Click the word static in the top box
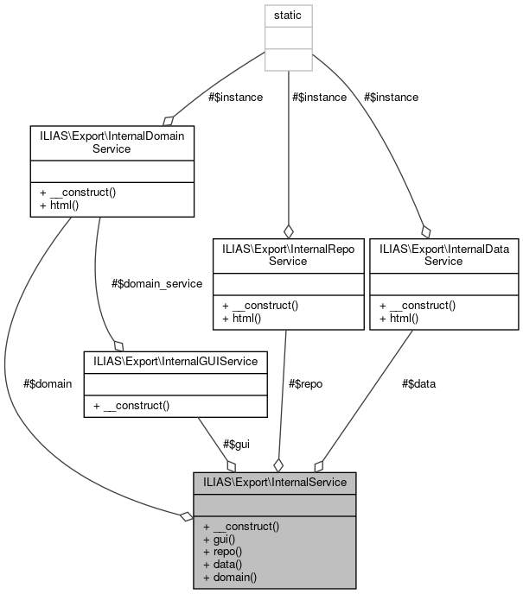[x=288, y=16]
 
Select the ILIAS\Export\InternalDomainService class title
[x=111, y=142]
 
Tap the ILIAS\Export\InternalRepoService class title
[x=288, y=255]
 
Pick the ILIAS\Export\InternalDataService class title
[x=444, y=255]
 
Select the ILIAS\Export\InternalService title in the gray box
[x=274, y=482]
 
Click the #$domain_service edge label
[x=157, y=283]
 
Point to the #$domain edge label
[x=49, y=383]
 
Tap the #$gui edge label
[x=237, y=444]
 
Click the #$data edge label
[x=419, y=383]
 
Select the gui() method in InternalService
[x=224, y=538]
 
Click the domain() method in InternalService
[x=230, y=576]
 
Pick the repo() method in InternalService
[x=226, y=551]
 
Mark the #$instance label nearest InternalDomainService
[x=235, y=97]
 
